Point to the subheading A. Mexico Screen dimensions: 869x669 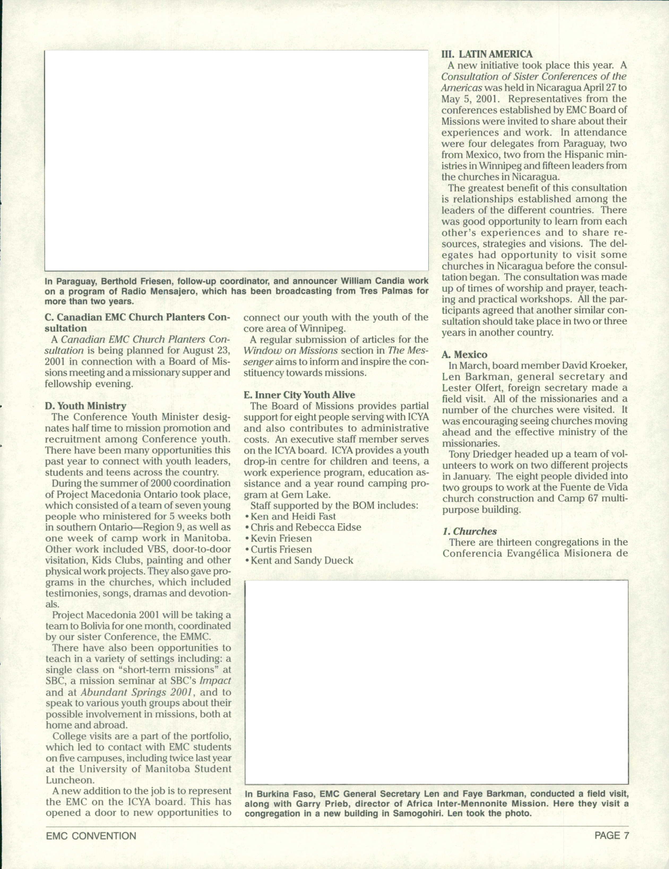(464, 354)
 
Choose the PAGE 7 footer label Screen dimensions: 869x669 (611, 835)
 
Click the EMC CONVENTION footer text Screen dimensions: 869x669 (91, 836)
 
